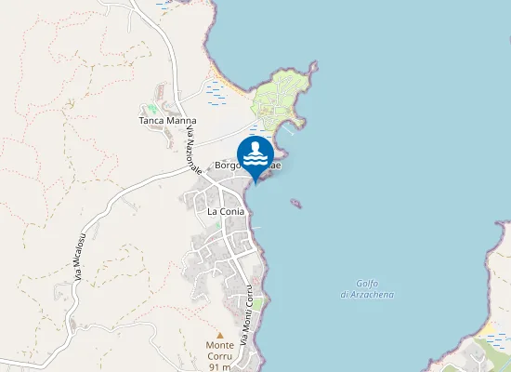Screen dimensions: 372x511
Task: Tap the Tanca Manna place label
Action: coord(168,121)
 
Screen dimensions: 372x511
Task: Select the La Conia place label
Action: coord(226,212)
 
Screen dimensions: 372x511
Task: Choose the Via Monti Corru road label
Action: coord(248,317)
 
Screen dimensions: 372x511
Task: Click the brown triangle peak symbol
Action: coord(220,335)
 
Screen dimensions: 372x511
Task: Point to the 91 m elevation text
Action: coord(220,366)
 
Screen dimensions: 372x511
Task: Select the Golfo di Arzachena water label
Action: coord(367,289)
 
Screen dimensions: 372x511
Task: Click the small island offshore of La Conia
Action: coord(296,203)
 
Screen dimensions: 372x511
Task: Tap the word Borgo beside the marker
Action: coord(228,166)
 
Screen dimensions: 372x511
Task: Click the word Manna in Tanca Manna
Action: coord(182,121)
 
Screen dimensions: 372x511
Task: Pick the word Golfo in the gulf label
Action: coord(367,284)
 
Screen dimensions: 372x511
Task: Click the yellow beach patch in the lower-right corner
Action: coord(486,329)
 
